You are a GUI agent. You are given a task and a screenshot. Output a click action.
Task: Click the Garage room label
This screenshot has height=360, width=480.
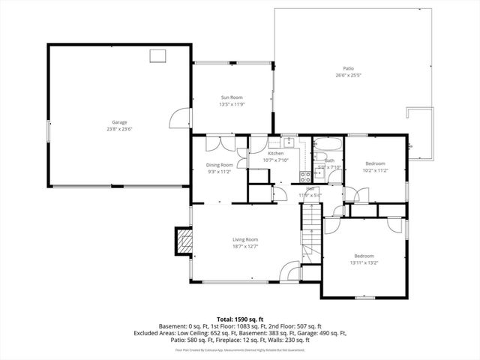click(x=119, y=121)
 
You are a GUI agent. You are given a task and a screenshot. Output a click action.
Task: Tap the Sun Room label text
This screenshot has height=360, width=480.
click(x=232, y=97)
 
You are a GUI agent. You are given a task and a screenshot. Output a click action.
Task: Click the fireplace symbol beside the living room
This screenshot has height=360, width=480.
click(x=184, y=239)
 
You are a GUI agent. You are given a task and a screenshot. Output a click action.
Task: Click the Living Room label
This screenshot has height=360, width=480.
click(x=245, y=239)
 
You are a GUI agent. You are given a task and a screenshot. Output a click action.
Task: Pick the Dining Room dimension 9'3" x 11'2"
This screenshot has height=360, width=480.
click(x=220, y=172)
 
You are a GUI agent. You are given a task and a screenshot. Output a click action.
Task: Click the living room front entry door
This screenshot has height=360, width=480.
click(x=289, y=271)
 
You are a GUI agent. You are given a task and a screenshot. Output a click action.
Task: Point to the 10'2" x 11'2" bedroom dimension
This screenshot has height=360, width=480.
click(x=375, y=170)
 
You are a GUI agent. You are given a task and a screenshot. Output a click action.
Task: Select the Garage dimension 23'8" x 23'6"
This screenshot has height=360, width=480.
click(x=119, y=128)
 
